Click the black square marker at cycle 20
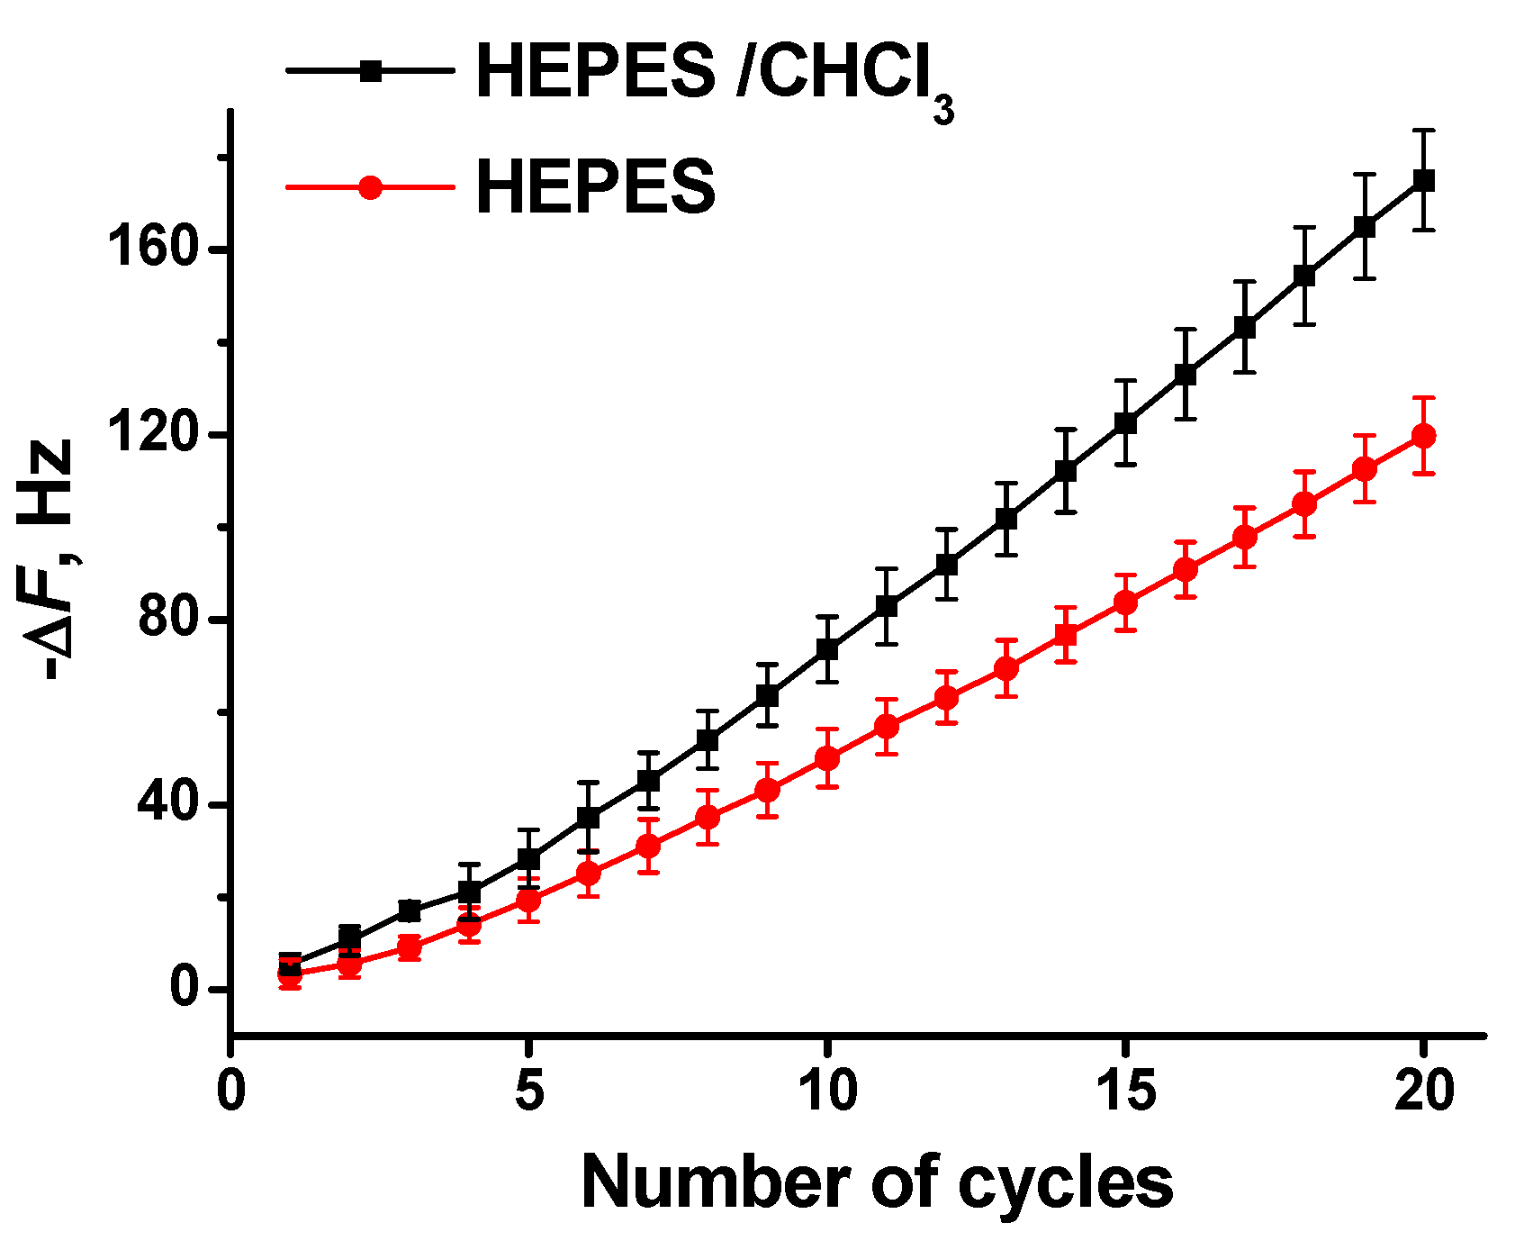tap(1423, 180)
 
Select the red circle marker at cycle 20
tap(1423, 436)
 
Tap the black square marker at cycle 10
tap(827, 649)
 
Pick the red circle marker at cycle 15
tap(1125, 602)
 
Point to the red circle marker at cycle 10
tap(827, 758)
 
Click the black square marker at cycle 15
tap(1125, 422)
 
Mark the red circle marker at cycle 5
tap(529, 900)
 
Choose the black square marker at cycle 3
tap(410, 910)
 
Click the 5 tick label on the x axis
tap(529, 1091)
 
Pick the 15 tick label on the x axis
tap(1125, 1091)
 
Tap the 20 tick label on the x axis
tap(1423, 1091)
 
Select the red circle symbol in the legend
tap(370, 187)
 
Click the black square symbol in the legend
tap(370, 70)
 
